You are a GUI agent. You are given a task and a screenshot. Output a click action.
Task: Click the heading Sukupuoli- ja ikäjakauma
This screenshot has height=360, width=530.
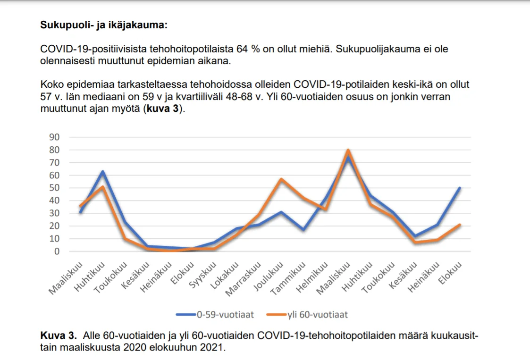pos(104,25)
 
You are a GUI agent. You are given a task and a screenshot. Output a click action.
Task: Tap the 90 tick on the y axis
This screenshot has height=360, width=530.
pos(54,137)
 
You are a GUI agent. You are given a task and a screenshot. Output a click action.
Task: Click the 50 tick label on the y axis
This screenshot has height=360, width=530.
pos(54,188)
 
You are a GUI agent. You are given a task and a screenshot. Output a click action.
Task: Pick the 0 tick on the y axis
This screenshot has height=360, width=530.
pos(57,251)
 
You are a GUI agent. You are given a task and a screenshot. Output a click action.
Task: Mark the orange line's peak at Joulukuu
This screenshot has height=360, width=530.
pos(281,179)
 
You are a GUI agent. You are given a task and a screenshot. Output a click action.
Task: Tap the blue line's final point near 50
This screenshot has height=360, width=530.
pos(459,188)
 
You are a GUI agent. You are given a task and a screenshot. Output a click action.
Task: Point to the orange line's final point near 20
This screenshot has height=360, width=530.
pos(459,225)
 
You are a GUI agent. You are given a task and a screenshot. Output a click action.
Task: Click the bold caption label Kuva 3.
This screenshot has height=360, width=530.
pos(58,336)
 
